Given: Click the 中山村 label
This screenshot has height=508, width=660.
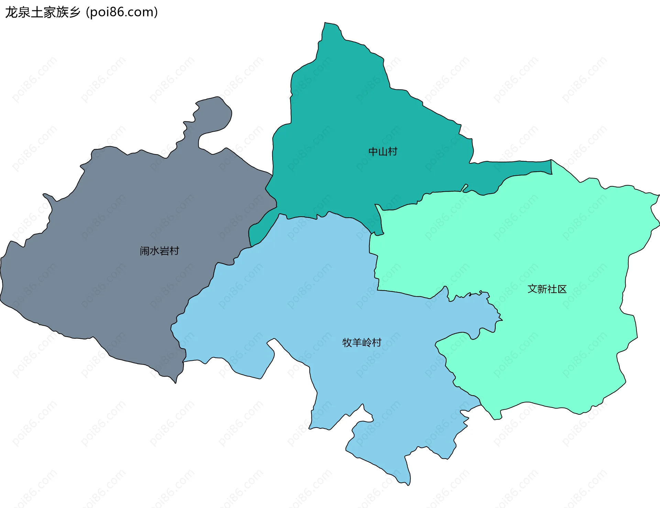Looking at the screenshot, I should tap(383, 152).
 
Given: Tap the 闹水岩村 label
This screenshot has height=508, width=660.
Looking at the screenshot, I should tap(159, 251).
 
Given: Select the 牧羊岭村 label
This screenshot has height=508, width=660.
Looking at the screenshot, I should tap(362, 343).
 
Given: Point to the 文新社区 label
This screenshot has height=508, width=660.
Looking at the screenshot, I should tap(547, 289).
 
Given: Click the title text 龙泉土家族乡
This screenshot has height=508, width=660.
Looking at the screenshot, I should tap(43, 12).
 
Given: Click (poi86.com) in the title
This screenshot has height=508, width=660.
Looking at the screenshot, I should tap(122, 12).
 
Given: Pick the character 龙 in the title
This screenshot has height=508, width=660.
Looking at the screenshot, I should tap(11, 12).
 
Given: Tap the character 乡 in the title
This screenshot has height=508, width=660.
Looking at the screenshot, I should tap(74, 12).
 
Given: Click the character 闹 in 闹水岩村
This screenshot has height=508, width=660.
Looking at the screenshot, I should tap(145, 251).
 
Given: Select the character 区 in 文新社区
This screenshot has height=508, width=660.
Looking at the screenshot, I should tap(562, 289).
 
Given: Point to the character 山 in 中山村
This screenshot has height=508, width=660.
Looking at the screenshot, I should tap(383, 152).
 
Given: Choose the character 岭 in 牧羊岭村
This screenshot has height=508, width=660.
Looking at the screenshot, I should tap(367, 343).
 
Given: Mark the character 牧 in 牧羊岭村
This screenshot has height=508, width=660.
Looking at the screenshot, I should tap(347, 343).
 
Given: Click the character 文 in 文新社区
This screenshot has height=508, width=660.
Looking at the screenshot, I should tap(532, 289).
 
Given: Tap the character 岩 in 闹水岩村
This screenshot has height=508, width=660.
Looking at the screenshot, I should tap(164, 251).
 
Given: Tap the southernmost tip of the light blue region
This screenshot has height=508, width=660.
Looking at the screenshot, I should tap(408, 483).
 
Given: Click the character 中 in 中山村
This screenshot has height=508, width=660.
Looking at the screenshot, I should tap(373, 152).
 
